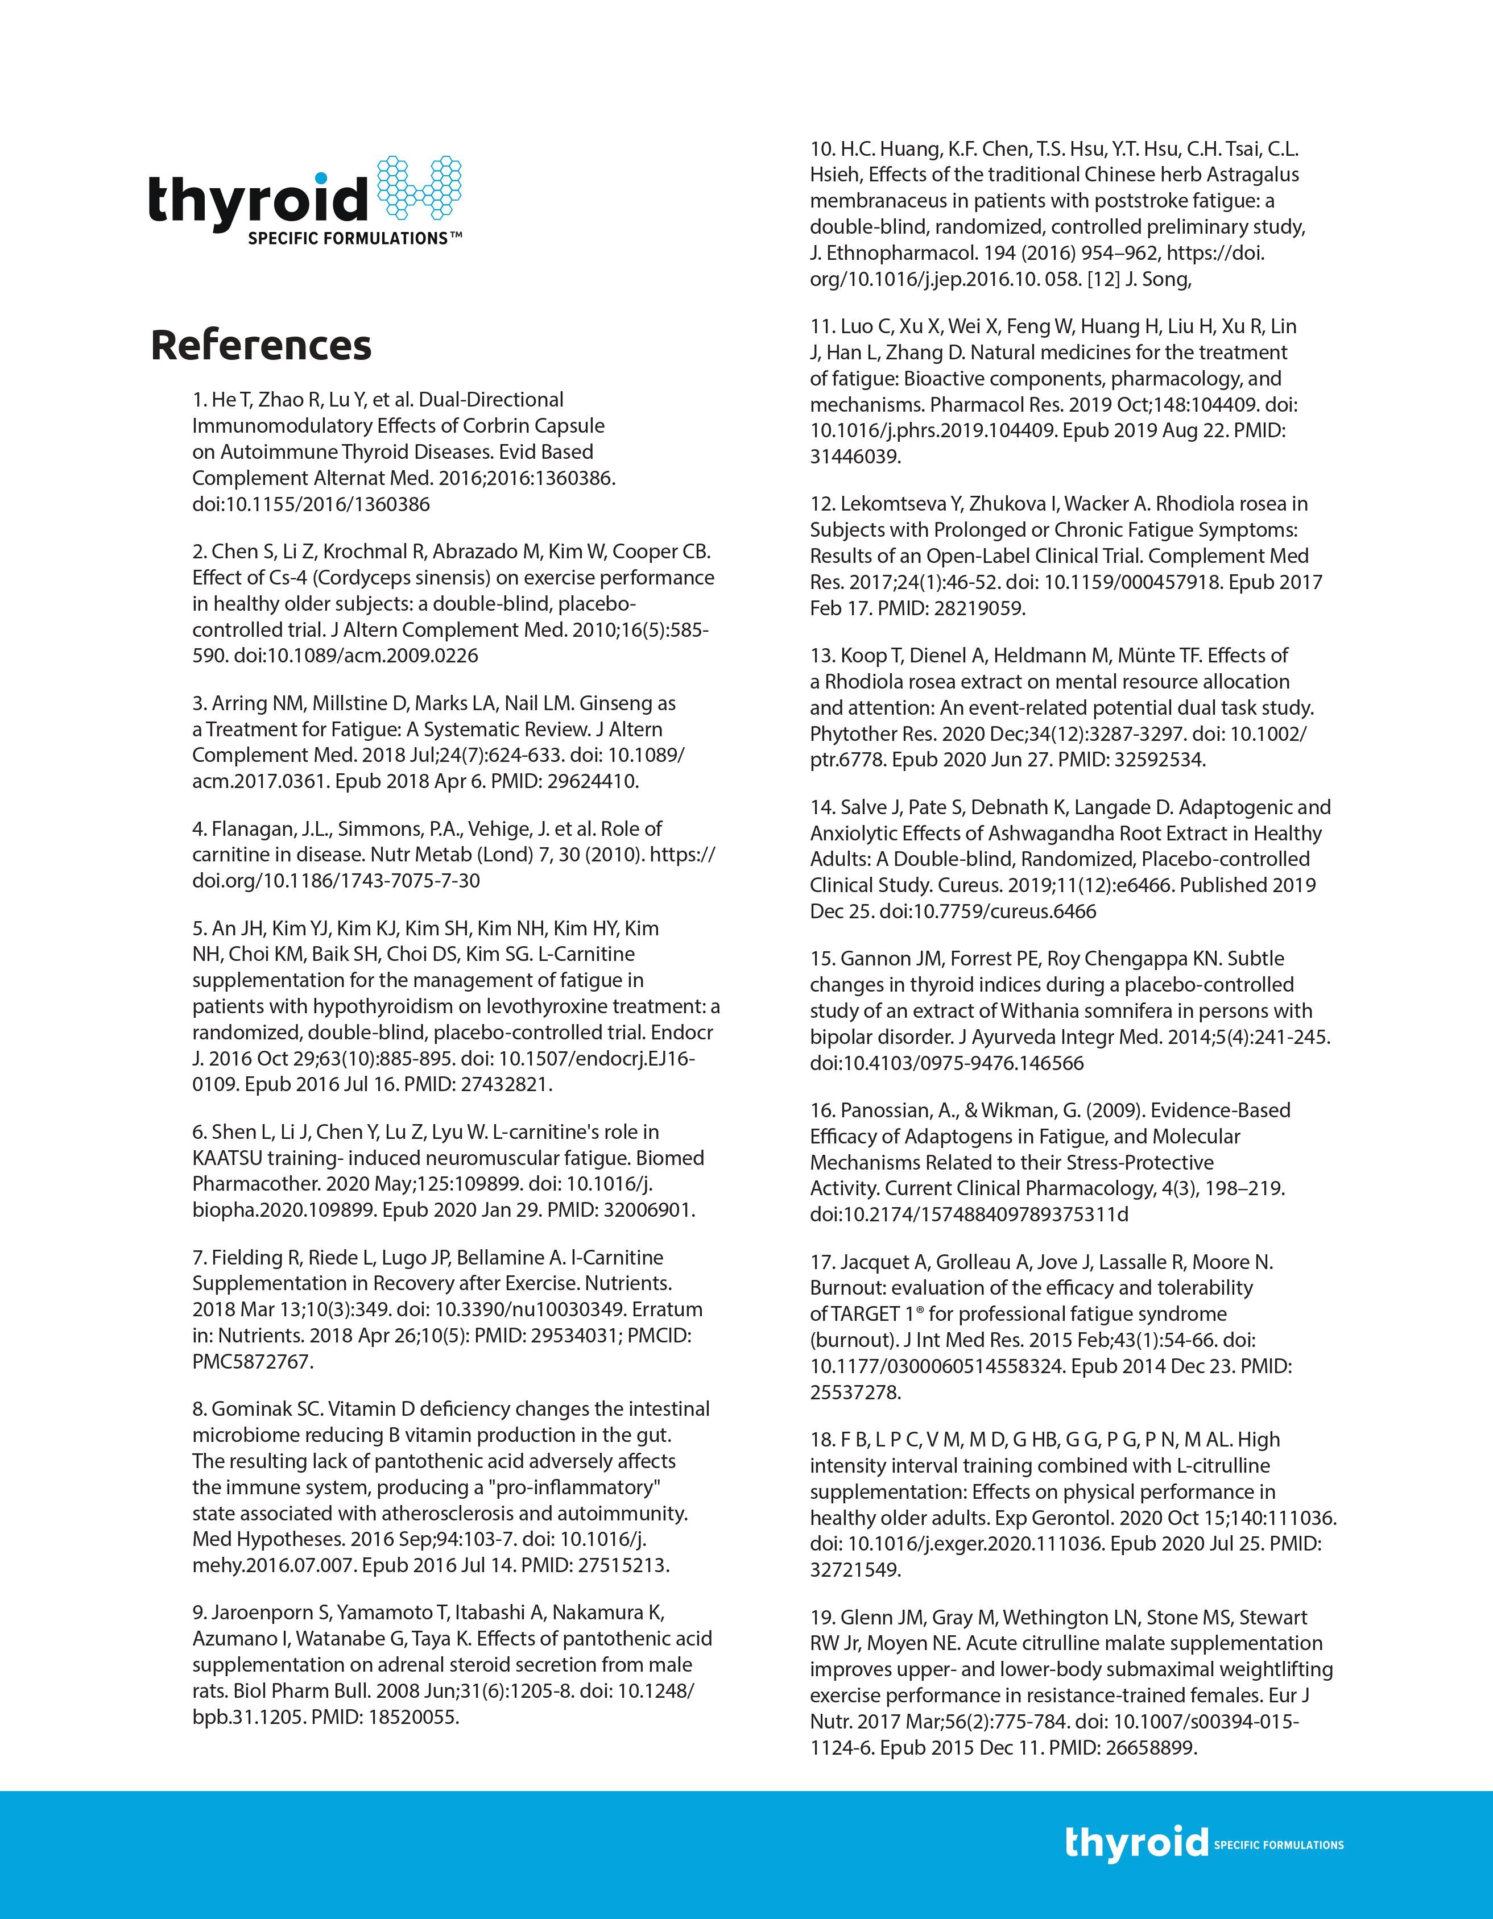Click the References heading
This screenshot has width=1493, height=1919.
(261, 345)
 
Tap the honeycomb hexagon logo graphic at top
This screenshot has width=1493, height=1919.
(419, 188)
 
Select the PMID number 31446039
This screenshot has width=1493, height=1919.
(854, 457)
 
